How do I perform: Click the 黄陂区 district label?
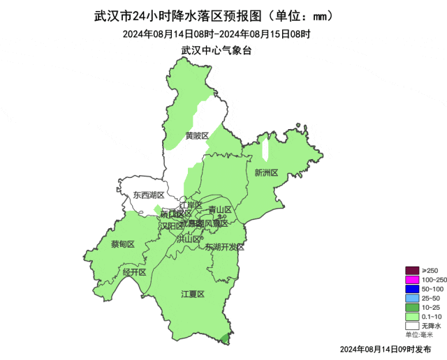(x=197, y=135)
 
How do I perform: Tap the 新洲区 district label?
(x=266, y=172)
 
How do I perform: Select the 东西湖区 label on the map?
(x=149, y=195)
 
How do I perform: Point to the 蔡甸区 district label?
(x=122, y=244)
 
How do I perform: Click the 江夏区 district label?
(x=192, y=294)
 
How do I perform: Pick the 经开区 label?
(x=134, y=271)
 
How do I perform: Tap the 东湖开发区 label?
(x=224, y=248)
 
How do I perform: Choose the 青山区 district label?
(x=221, y=209)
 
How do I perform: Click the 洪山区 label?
(x=189, y=239)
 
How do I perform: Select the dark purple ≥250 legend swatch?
(x=412, y=271)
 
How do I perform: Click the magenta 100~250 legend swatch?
(x=412, y=280)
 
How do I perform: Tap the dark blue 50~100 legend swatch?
(x=412, y=289)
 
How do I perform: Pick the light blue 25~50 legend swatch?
(x=412, y=298)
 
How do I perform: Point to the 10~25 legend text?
(x=431, y=307)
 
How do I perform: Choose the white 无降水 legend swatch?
(x=412, y=325)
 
